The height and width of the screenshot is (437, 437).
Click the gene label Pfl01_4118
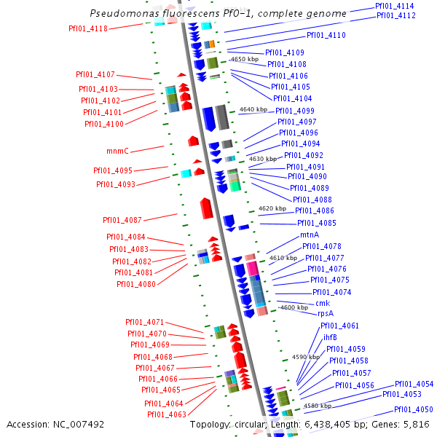point(87,28)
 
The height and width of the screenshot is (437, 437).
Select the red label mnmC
point(117,151)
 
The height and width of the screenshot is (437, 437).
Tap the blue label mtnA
point(310,235)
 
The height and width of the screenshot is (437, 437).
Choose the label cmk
point(323,303)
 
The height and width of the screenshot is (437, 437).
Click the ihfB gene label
point(330,337)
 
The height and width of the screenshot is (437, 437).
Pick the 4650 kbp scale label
point(245,59)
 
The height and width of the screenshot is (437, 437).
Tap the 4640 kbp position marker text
point(253,110)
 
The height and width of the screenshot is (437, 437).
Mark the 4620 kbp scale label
point(272,208)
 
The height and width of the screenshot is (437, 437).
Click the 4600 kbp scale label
point(294,307)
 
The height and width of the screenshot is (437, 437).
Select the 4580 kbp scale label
point(318,406)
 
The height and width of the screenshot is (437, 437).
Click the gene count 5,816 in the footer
point(416,424)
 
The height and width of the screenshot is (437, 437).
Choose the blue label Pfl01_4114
point(395,6)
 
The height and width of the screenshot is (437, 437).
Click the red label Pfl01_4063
point(167,414)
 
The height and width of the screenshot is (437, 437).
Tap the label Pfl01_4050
point(414,409)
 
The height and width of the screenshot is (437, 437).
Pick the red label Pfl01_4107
point(95,74)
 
